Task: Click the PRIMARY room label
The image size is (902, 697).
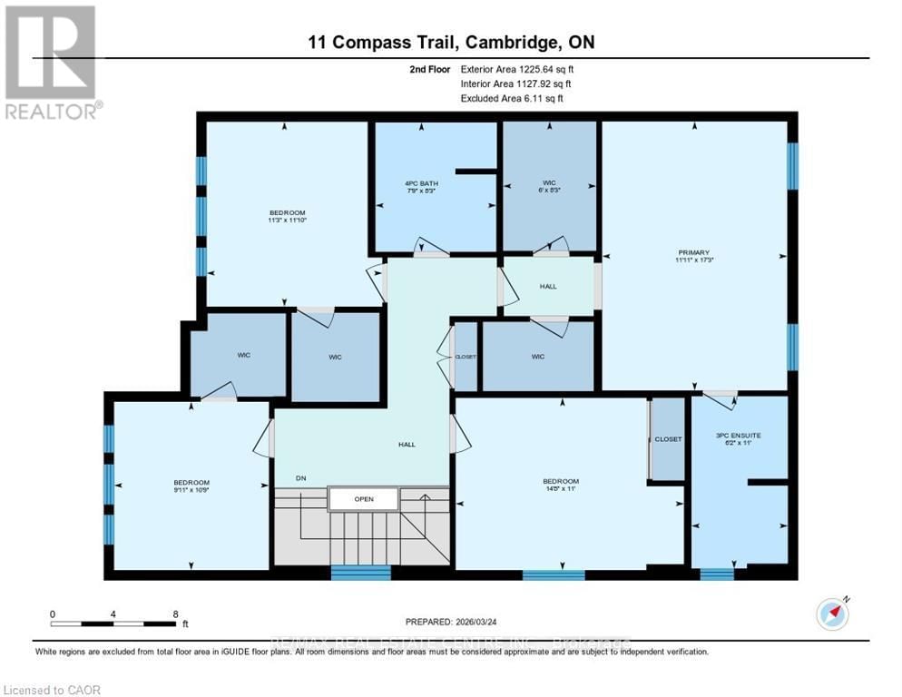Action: pyautogui.click(x=692, y=253)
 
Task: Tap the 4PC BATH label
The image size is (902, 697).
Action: pyautogui.click(x=421, y=184)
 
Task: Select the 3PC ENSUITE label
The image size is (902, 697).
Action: pyautogui.click(x=737, y=436)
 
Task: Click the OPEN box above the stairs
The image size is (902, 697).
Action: pyautogui.click(x=363, y=498)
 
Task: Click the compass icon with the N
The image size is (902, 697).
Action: pyautogui.click(x=833, y=614)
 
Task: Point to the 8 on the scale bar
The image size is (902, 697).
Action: pyautogui.click(x=174, y=614)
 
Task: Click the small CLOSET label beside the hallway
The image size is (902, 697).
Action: pyautogui.click(x=466, y=357)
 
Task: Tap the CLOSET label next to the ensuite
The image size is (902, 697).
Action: pyautogui.click(x=668, y=439)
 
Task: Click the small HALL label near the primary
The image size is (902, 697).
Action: pyautogui.click(x=548, y=287)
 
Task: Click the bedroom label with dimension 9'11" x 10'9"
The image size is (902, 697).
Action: pyautogui.click(x=191, y=482)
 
